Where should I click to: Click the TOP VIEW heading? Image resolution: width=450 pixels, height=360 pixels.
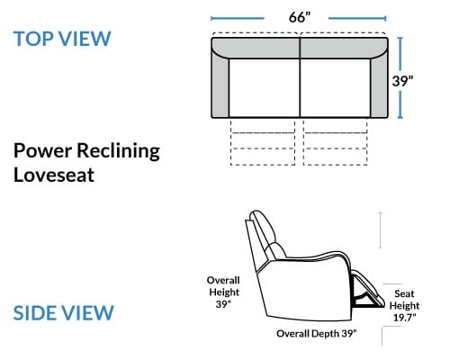tap(62, 39)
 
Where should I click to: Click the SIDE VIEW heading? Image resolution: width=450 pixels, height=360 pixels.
tap(64, 313)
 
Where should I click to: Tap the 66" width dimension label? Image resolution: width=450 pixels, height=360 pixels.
tap(299, 17)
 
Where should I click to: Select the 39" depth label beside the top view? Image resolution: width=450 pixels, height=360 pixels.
tap(402, 81)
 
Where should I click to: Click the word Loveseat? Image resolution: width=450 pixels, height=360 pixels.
tap(54, 175)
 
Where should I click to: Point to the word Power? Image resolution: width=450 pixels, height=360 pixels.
tap(42, 150)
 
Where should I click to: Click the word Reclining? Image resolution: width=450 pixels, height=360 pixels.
tap(118, 151)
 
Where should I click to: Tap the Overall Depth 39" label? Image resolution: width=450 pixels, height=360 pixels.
tap(317, 334)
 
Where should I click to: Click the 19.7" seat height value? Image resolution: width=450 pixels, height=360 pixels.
tap(404, 318)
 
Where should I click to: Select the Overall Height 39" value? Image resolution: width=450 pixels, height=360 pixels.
tap(223, 304)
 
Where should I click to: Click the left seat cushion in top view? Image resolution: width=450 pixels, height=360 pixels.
tap(265, 87)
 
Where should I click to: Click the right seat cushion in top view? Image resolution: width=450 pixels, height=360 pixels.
tap(335, 87)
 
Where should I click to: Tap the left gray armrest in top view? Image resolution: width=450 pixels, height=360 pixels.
tap(220, 85)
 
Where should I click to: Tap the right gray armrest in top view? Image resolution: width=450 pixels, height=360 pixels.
tap(379, 85)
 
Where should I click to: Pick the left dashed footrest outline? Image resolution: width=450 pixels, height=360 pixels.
tap(263, 141)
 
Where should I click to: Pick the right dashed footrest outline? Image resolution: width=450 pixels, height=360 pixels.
tap(335, 141)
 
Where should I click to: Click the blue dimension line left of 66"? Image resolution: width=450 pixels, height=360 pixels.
tap(238, 18)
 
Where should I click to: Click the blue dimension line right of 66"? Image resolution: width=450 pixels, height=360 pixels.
tap(357, 18)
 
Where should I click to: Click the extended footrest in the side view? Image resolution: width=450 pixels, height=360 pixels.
tap(368, 289)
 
